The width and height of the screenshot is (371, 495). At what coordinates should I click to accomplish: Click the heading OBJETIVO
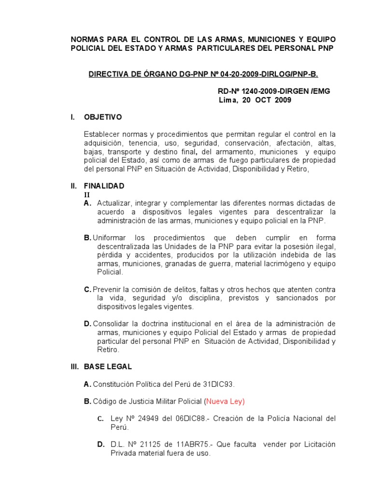[x=103, y=117]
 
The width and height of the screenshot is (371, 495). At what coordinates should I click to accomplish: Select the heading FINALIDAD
[x=104, y=186]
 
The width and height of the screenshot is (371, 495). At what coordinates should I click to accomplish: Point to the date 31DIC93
[x=218, y=384]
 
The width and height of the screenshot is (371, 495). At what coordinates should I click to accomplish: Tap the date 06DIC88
[x=188, y=419]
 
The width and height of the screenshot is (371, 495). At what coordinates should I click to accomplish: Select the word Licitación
[x=316, y=444]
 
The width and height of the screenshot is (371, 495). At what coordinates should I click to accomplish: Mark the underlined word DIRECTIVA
[x=111, y=73]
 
